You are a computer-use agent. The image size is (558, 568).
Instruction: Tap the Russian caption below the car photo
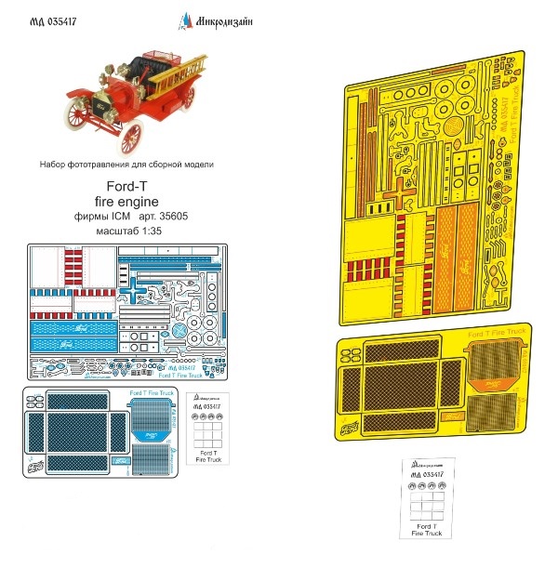tap(126, 165)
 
